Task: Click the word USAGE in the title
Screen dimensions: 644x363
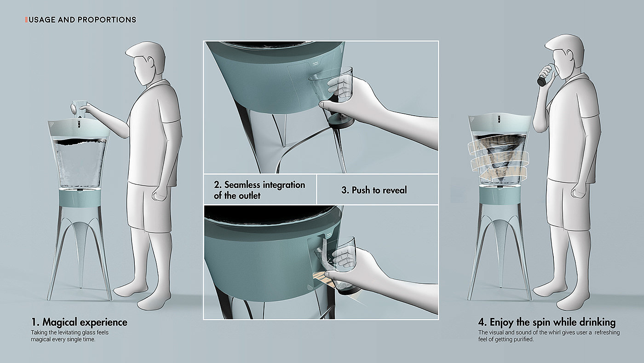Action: pyautogui.click(x=42, y=19)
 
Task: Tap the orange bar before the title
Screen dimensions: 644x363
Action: pyautogui.click(x=26, y=19)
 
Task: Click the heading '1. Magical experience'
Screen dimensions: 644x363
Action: pyautogui.click(x=79, y=322)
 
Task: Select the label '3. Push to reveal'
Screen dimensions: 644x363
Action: pyautogui.click(x=374, y=190)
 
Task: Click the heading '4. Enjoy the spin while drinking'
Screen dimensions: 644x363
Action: pyautogui.click(x=547, y=322)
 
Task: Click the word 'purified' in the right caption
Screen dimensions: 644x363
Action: pyautogui.click(x=523, y=340)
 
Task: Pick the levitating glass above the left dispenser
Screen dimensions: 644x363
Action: pyautogui.click(x=79, y=109)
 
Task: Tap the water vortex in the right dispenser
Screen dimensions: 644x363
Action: pyautogui.click(x=500, y=157)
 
